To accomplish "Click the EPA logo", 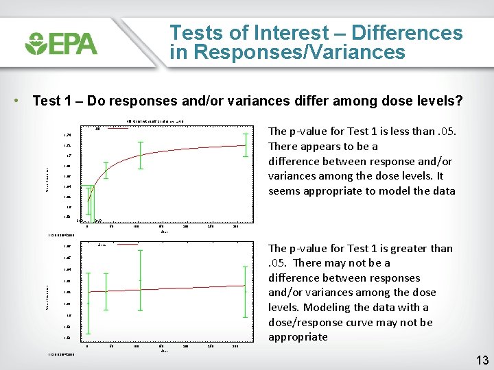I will coord(61,43).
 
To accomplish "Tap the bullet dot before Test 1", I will coord(15,101).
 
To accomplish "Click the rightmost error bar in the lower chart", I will coord(245,291).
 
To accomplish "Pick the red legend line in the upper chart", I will coord(115,128).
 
